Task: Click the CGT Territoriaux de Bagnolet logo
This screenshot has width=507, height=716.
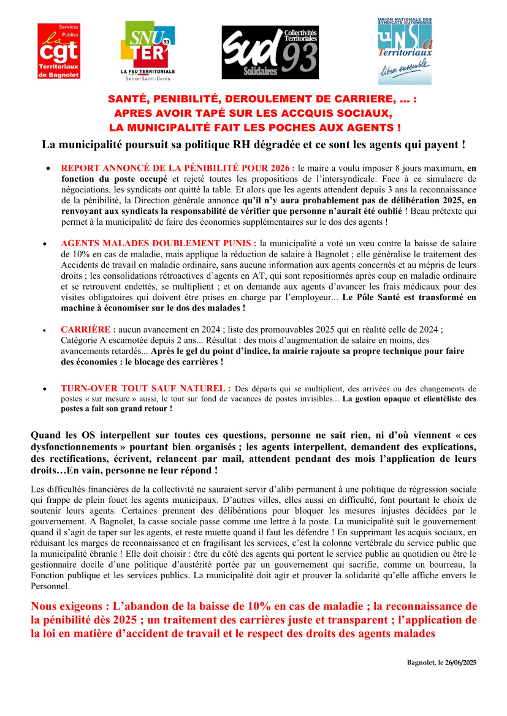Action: (59, 51)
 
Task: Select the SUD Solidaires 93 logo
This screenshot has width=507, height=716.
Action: (270, 53)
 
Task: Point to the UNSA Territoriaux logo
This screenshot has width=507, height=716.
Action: (404, 51)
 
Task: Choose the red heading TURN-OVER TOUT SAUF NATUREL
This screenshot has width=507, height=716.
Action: (146, 388)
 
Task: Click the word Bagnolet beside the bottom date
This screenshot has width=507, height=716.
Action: (421, 663)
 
